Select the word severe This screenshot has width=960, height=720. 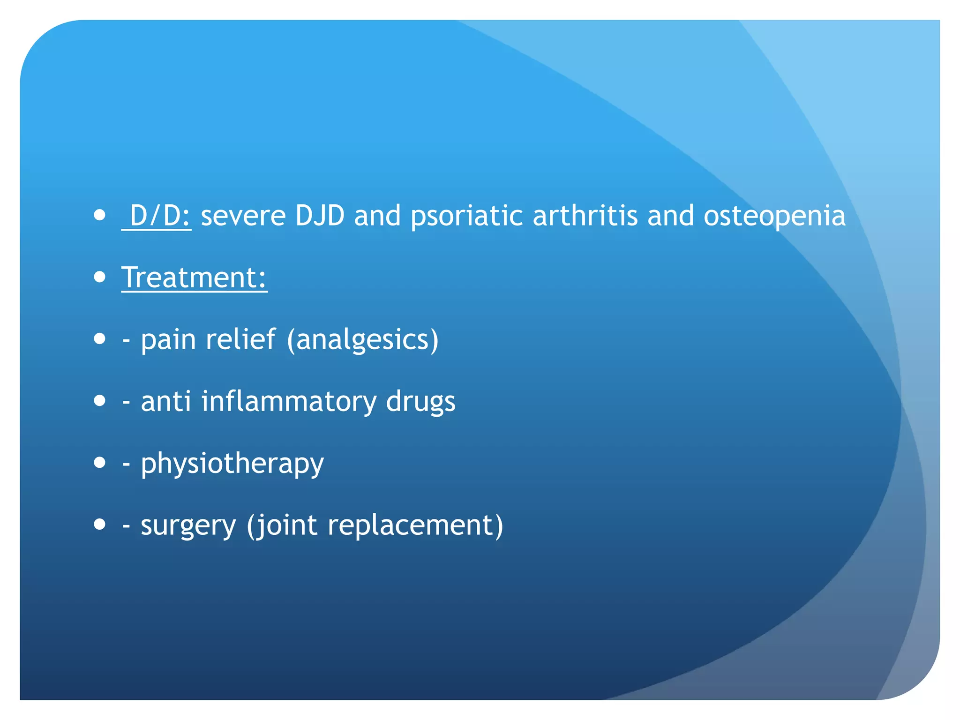pos(243,216)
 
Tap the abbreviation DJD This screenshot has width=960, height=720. pos(320,216)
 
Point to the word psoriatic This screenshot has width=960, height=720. pos(466,217)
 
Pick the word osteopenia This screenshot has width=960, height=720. pos(774,217)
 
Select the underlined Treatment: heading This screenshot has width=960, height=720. pos(194,277)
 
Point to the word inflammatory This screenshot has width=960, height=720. pos(288,402)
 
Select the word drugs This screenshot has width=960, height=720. pos(420,402)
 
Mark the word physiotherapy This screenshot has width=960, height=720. pos(232,464)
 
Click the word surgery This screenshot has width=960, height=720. pos(188,525)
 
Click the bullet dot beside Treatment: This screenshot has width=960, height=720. pos(99,277)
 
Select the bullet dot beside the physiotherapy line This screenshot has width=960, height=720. pos(99,463)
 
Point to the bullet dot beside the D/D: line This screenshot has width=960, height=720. pos(99,215)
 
